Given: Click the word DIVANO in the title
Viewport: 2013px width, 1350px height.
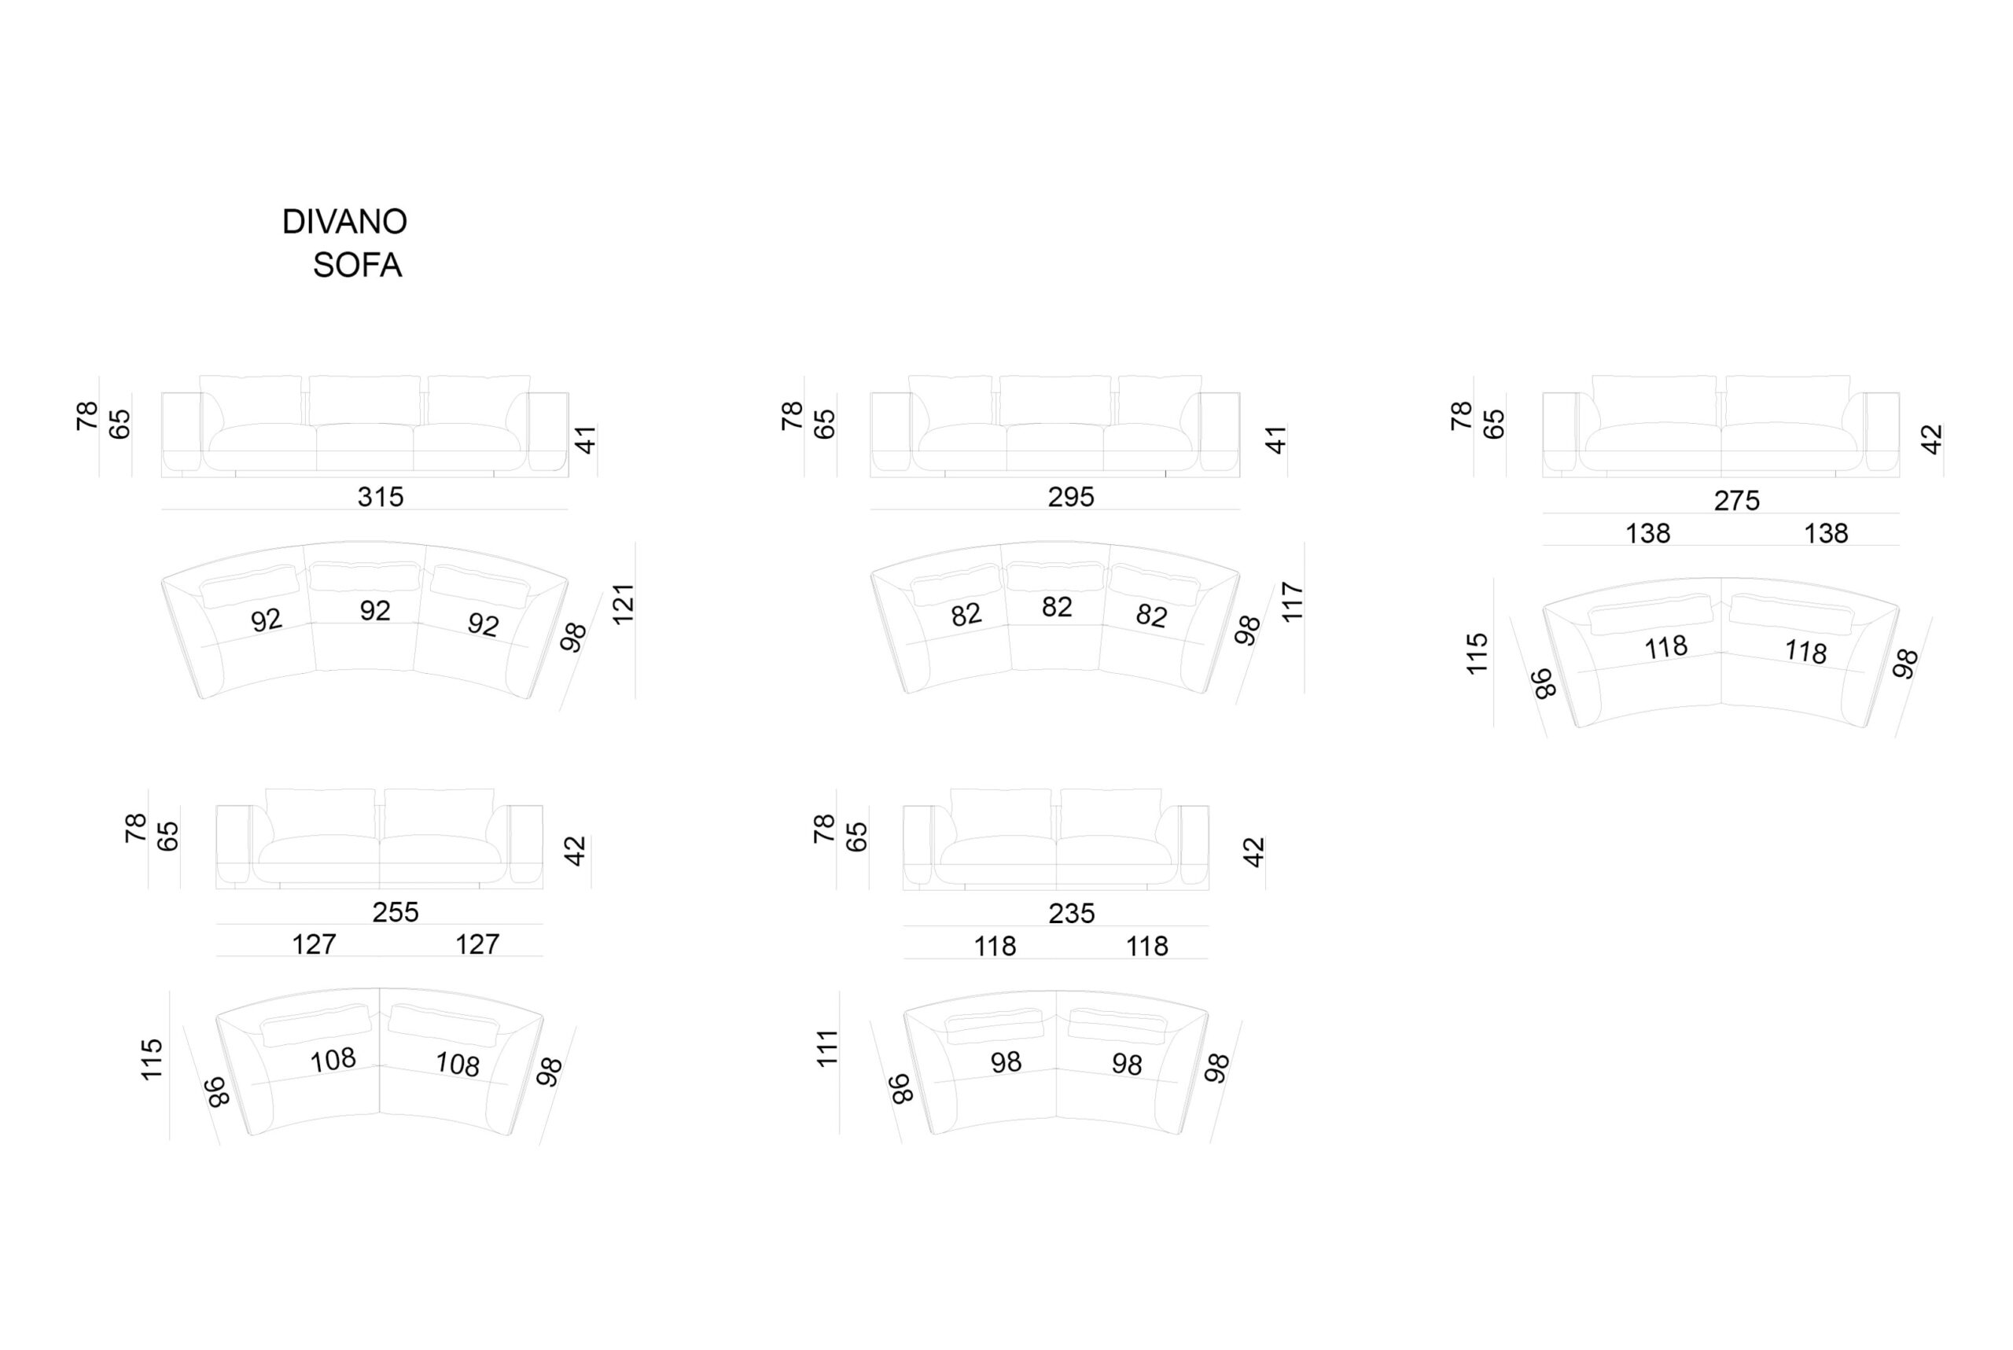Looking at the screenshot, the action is click(344, 223).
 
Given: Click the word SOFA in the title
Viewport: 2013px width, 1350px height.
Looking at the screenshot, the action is click(357, 265).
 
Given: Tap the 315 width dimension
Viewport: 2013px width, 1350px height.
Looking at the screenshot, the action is click(381, 497).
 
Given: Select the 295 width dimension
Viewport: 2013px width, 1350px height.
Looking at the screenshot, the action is click(1071, 497).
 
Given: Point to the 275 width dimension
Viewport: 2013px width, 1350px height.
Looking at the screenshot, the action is click(1737, 500).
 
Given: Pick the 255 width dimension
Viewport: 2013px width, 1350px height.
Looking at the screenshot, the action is click(396, 912).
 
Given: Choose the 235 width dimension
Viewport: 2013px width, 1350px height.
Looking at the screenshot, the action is click(1071, 913).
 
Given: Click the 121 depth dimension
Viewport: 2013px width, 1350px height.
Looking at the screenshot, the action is click(623, 603).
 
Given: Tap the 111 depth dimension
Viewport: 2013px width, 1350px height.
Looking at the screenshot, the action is click(826, 1048).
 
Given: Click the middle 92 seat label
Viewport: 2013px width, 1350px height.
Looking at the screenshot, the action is click(375, 610).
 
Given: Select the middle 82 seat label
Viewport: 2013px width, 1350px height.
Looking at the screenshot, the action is click(1058, 607).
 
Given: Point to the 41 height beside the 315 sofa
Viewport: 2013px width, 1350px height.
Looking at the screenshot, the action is click(586, 439).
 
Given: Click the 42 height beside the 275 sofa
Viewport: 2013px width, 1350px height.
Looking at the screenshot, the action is click(1931, 439).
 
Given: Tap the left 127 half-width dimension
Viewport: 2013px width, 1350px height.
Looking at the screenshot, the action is click(314, 944).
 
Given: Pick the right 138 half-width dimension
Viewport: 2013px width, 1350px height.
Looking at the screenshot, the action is click(1825, 533).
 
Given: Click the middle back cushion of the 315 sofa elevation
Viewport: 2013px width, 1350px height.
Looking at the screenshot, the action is click(365, 400).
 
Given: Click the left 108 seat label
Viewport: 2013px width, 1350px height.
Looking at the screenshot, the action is click(333, 1060).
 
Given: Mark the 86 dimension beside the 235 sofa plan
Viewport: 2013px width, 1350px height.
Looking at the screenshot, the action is click(900, 1088).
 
